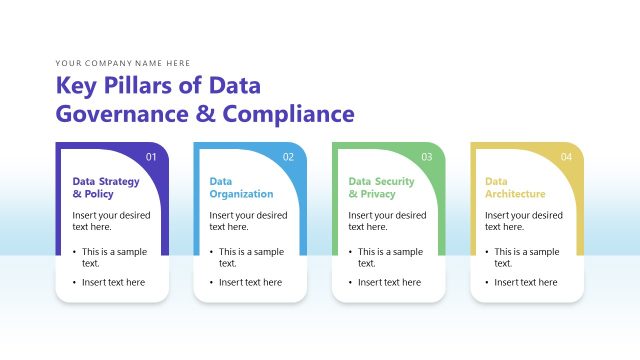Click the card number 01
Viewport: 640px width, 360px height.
(x=152, y=157)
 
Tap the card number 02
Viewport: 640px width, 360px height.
(x=289, y=157)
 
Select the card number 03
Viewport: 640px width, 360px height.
(x=427, y=157)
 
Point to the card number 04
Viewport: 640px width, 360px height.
(x=566, y=157)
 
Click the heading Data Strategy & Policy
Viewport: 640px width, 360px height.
(x=106, y=188)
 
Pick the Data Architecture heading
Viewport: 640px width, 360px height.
(x=516, y=188)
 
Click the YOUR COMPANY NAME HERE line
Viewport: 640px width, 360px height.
(x=123, y=63)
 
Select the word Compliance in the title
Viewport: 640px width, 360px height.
(x=290, y=113)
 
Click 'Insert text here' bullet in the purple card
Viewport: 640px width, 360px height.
(x=113, y=283)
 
